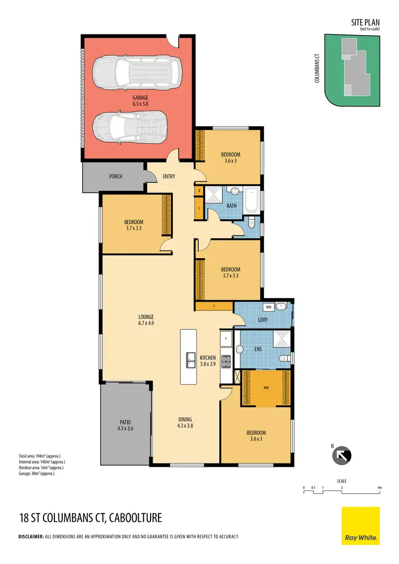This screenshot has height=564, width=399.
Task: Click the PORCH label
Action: [x=115, y=177]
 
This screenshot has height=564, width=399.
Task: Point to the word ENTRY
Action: [x=169, y=177]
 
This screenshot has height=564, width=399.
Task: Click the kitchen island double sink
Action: [x=190, y=360]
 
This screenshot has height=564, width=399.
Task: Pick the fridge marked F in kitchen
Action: [x=226, y=338]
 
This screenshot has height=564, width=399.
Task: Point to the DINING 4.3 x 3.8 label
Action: [x=185, y=422]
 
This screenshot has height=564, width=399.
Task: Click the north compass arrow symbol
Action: [x=338, y=456]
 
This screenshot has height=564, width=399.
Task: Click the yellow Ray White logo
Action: [x=361, y=526]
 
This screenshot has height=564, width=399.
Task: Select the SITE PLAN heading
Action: [x=365, y=23]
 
